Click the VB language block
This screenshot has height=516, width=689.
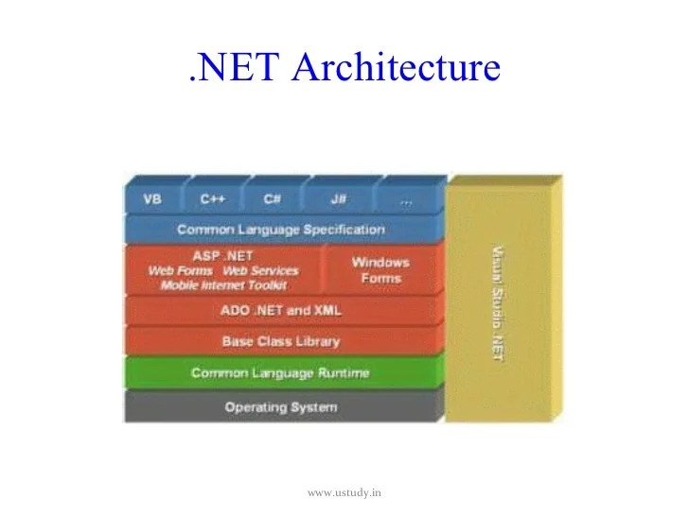click(x=151, y=199)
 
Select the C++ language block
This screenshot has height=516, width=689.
click(x=212, y=199)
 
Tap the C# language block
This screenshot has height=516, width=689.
click(x=273, y=199)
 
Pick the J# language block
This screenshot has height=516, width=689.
click(x=338, y=199)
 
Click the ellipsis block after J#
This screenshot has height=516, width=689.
click(x=407, y=199)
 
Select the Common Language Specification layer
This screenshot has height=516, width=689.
click(x=281, y=230)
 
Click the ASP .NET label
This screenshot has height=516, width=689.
click(x=222, y=255)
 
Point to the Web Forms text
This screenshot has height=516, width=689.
click(x=180, y=270)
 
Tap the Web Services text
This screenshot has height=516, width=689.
click(x=260, y=270)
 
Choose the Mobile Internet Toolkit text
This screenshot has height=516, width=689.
click(x=223, y=284)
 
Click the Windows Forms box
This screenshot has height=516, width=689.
click(x=380, y=269)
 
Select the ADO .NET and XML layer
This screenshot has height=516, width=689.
click(x=281, y=310)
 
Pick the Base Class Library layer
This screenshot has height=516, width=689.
click(x=281, y=341)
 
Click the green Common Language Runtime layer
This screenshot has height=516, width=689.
click(x=281, y=373)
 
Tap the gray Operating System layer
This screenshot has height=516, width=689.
click(x=281, y=407)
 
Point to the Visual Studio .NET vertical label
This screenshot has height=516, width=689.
click(x=498, y=298)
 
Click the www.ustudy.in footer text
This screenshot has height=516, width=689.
click(x=344, y=492)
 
